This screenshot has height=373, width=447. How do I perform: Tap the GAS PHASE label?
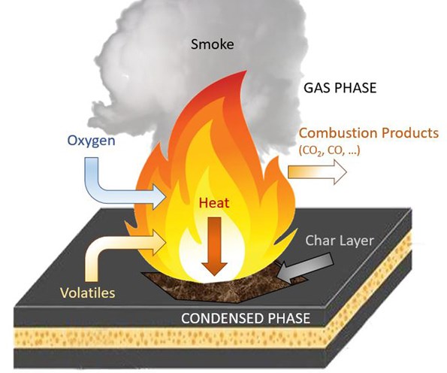(340, 88)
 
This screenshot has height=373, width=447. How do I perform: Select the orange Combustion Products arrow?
(319, 173)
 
